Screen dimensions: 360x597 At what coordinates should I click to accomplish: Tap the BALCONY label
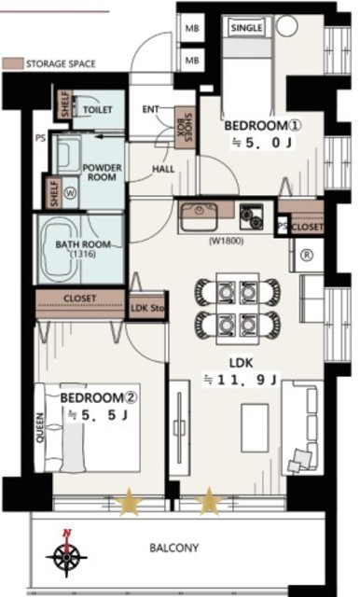point(173,548)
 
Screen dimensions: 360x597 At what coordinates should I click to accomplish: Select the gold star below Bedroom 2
point(129,501)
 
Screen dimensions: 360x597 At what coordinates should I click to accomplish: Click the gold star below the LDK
point(209,501)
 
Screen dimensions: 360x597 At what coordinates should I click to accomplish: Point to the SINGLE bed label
point(246,28)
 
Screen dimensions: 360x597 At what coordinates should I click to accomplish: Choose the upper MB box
point(192,28)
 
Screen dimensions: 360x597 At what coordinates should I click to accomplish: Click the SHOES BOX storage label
point(185,128)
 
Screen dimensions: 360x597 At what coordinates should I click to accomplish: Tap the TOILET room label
point(98,110)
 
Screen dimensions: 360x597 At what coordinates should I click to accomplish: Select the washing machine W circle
point(70,193)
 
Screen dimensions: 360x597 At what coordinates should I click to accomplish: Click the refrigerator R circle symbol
point(307,255)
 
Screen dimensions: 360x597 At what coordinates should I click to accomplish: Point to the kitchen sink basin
point(199,216)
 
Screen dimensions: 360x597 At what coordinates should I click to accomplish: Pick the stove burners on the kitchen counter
point(251,216)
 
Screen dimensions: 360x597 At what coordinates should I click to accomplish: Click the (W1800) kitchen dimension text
point(226,242)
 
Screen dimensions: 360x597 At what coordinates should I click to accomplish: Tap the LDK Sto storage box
point(147,307)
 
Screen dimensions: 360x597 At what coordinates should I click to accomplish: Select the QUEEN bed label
point(40,428)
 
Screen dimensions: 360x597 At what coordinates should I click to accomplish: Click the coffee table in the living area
point(255,428)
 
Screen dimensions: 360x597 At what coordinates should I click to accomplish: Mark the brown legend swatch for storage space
point(12,63)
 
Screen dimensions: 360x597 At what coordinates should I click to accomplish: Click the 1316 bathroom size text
point(83,255)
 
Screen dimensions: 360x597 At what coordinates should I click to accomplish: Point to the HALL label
point(163,169)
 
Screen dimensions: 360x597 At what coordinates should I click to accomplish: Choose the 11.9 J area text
point(241,380)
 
